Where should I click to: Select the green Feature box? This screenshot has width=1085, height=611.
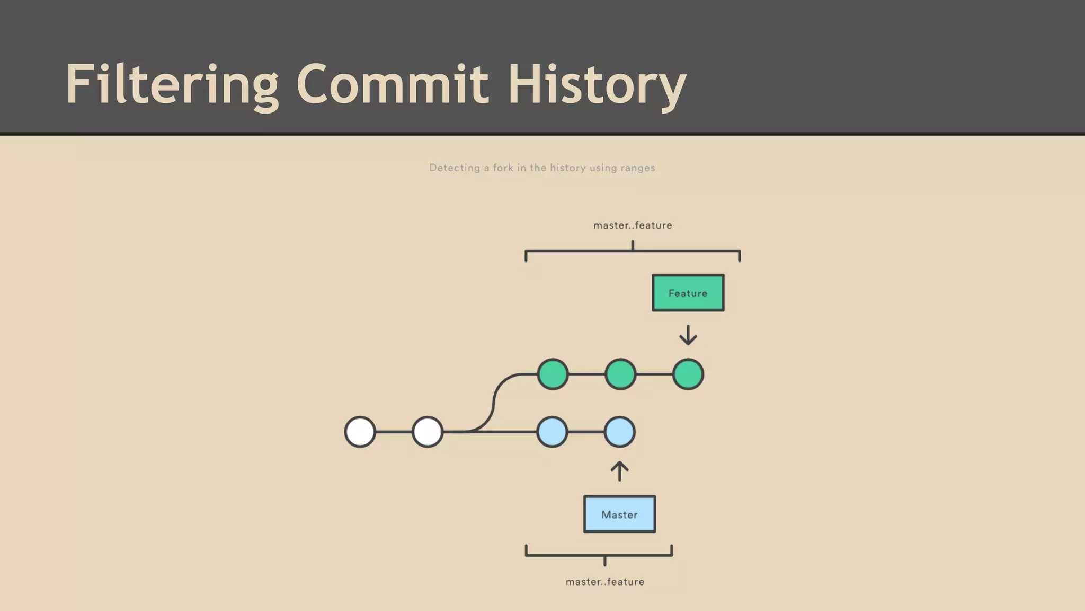[688, 293]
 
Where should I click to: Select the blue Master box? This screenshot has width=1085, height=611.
[619, 514]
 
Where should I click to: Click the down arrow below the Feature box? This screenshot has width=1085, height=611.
[688, 335]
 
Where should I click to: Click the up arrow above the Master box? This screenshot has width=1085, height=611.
[619, 471]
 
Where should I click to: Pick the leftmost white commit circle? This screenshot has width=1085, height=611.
[360, 432]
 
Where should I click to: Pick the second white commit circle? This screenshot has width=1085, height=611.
[428, 432]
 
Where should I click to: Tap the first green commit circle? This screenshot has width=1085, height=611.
[553, 374]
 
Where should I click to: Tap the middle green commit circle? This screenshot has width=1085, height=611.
[620, 374]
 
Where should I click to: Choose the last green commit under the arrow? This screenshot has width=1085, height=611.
[688, 374]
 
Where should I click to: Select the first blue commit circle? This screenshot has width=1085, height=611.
[552, 432]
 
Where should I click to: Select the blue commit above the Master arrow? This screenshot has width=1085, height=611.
[619, 432]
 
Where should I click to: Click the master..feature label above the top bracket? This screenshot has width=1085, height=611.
[633, 225]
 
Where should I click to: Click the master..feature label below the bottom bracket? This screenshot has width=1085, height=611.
[605, 582]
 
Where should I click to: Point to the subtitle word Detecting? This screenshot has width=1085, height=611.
[455, 168]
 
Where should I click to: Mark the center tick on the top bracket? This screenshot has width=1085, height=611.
[633, 246]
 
